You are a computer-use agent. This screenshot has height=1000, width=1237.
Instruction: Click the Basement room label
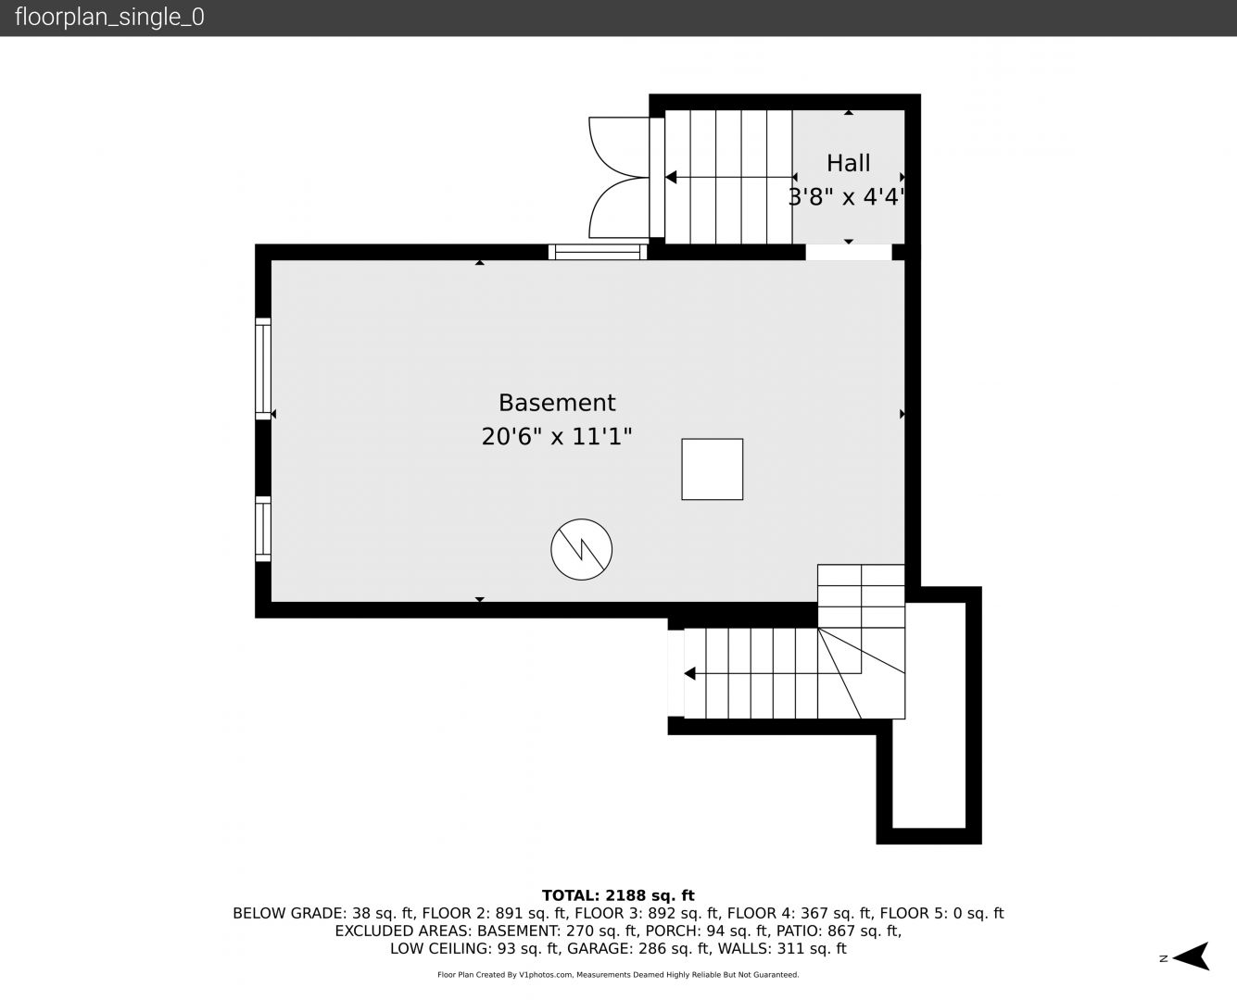pos(557,403)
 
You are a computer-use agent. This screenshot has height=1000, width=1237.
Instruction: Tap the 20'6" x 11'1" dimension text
pos(556,436)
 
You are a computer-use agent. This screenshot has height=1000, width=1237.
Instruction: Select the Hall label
pos(849,163)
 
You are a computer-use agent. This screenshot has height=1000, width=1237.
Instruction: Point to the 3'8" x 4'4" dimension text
pos(846,197)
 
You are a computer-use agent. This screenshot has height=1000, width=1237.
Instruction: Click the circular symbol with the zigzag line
pos(581,549)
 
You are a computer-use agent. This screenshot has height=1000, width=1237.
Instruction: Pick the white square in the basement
pos(712,469)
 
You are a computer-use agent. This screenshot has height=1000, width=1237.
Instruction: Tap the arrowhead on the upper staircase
pos(671,177)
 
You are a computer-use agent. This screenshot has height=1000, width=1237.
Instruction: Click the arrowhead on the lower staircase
pos(689,674)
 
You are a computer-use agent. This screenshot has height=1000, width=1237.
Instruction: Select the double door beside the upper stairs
pos(619,178)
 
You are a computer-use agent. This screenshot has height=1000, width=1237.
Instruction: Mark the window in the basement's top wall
pos(598,252)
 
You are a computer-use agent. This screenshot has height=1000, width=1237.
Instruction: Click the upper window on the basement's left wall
pos(263,369)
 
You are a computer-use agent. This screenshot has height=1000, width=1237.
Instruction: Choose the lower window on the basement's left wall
pos(263,529)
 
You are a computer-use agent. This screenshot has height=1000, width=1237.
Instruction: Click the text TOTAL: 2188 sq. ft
pos(618,895)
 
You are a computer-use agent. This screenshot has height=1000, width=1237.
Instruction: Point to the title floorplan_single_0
pos(109,18)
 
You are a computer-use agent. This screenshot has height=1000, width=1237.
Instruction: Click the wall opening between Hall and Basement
pos(849,252)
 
